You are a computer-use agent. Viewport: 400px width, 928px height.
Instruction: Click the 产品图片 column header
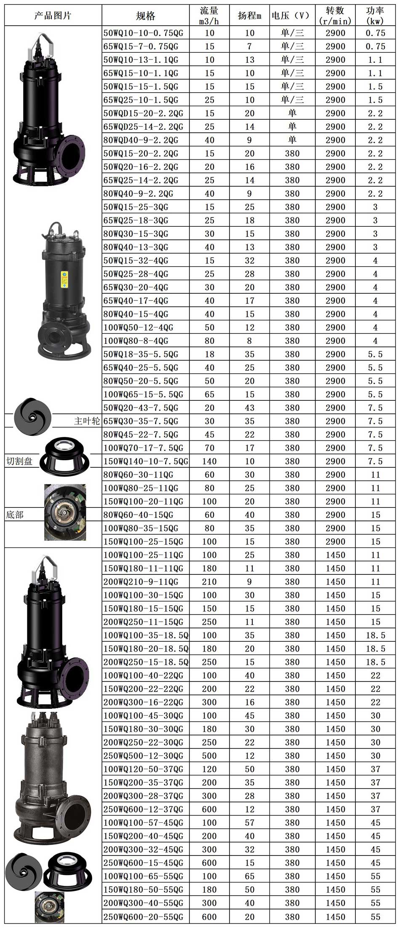[53, 16]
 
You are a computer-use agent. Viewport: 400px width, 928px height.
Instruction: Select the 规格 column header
[146, 16]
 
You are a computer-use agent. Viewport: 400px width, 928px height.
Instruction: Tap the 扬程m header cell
[250, 16]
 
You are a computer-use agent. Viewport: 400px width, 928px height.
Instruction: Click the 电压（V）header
[291, 16]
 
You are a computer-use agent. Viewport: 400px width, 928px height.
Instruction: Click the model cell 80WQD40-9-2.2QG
[144, 140]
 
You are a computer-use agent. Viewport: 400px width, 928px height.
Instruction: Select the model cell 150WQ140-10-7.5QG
[146, 461]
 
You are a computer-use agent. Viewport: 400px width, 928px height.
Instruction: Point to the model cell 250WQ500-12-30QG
[144, 756]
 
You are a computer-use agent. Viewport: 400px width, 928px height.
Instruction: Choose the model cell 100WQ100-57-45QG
[144, 823]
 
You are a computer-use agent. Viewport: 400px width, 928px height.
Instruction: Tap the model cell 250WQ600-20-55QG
[144, 916]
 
